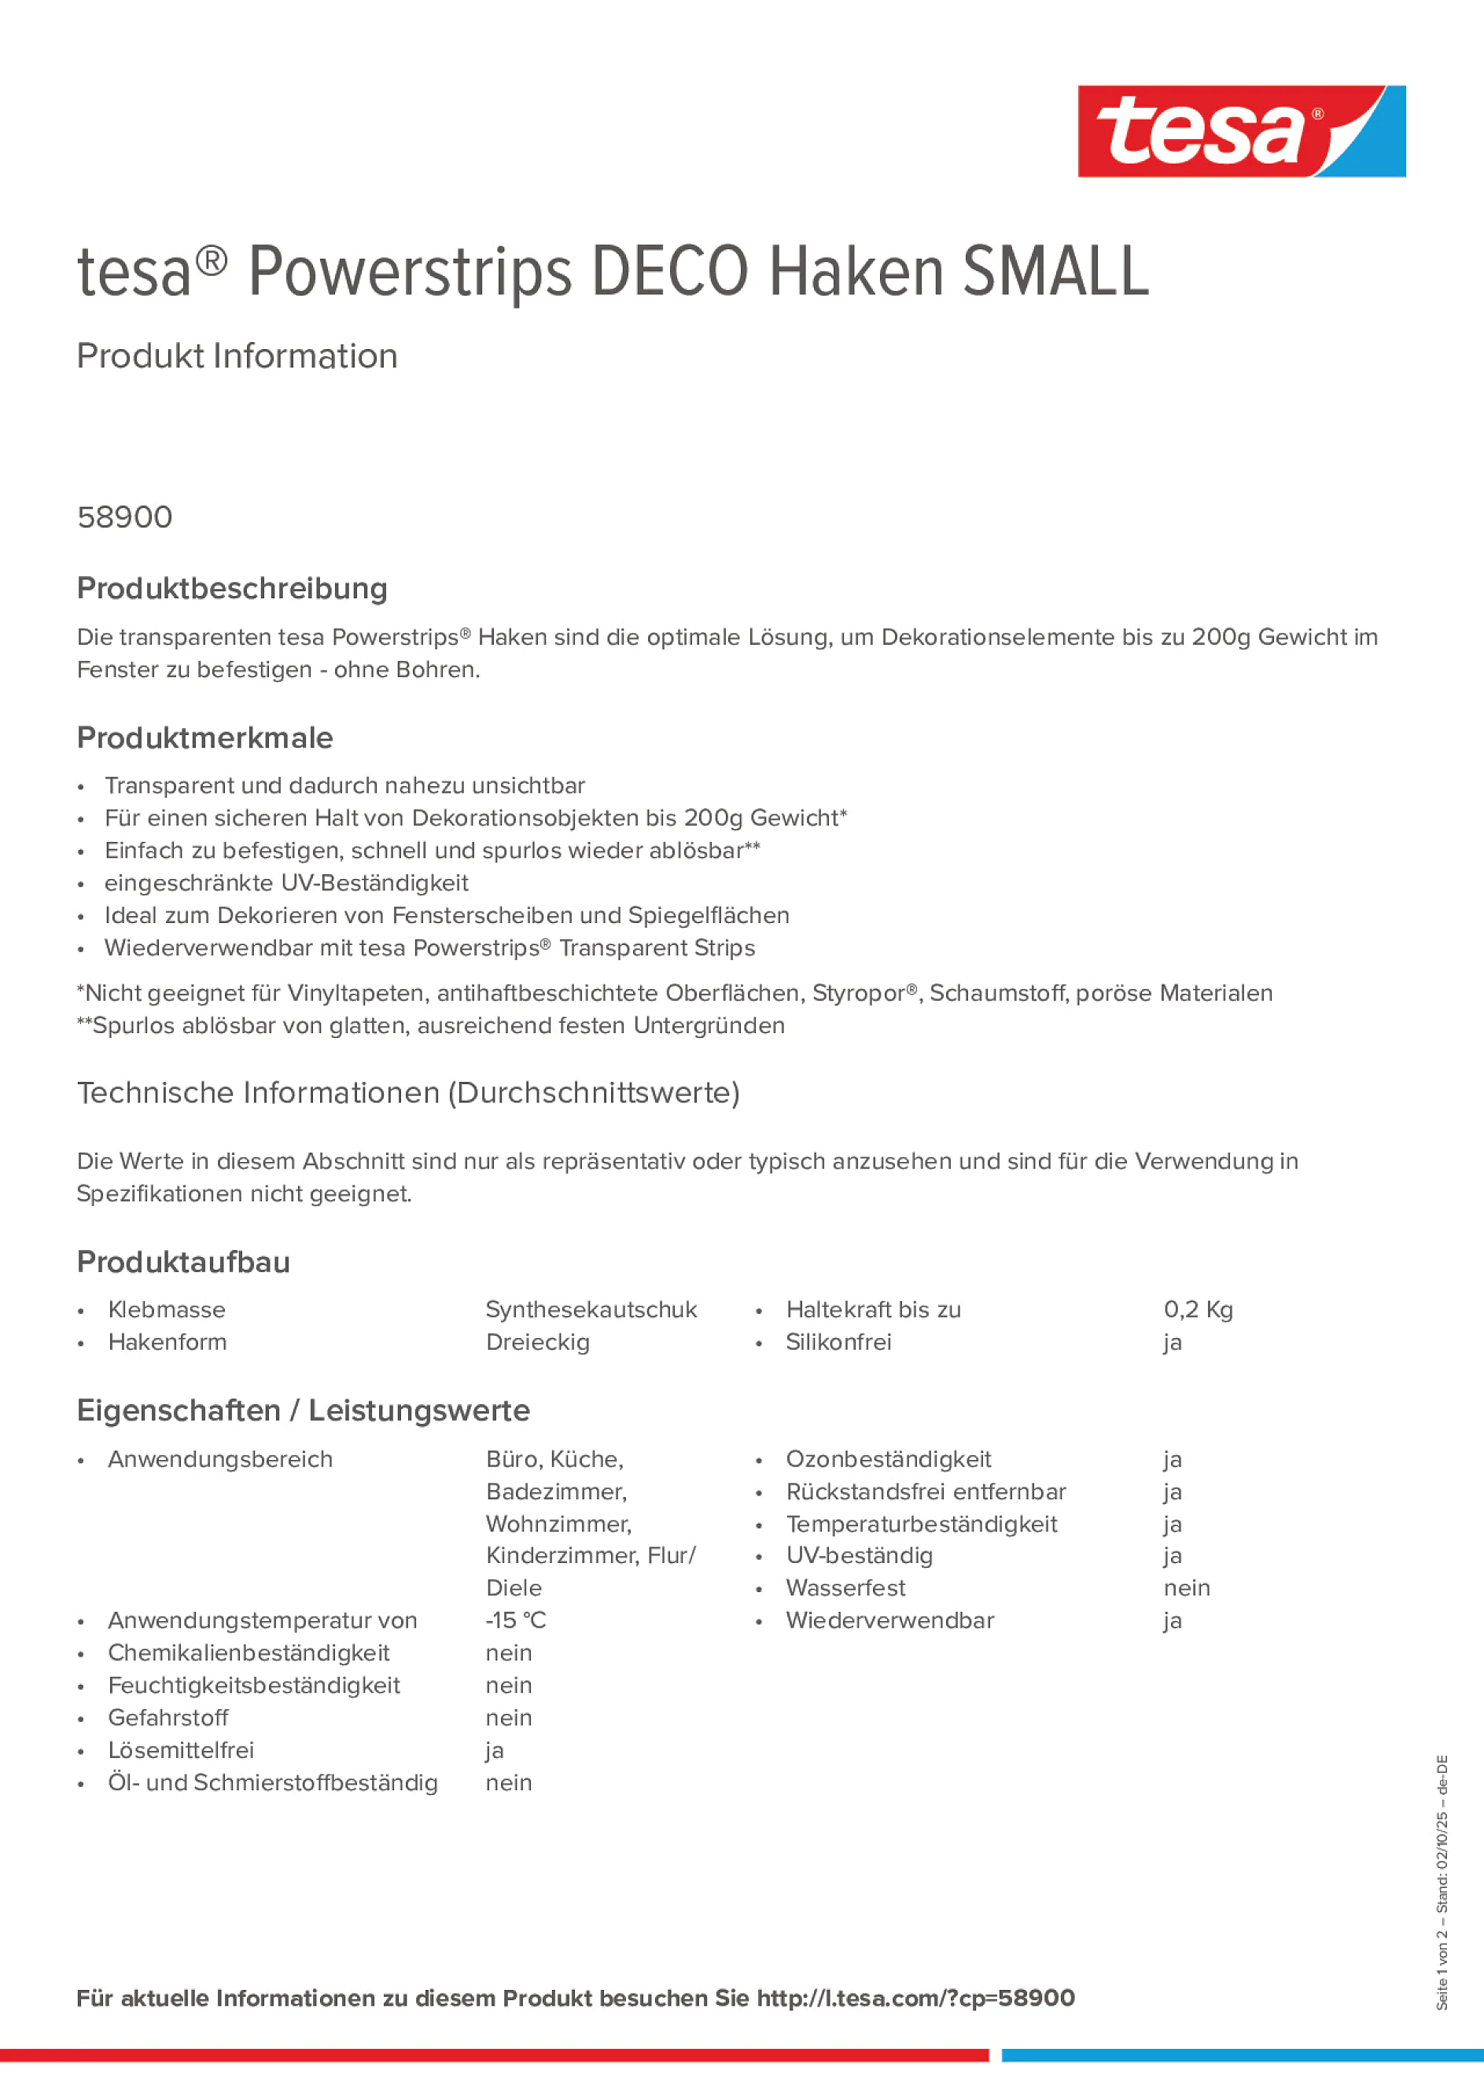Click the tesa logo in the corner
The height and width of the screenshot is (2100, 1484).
tap(1241, 131)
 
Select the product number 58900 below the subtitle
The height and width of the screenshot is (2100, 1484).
tap(124, 517)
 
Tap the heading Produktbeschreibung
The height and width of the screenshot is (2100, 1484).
tap(231, 588)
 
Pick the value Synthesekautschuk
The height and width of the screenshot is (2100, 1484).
tap(591, 1310)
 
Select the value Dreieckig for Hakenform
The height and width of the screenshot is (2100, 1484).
tap(538, 1342)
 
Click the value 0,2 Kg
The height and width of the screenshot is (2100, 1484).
tap(1198, 1310)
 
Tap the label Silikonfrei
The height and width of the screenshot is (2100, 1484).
tap(838, 1342)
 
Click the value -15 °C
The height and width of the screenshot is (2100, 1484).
tap(515, 1620)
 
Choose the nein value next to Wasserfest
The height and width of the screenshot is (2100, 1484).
tap(1187, 1588)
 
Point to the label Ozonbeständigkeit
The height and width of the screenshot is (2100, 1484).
tap(887, 1459)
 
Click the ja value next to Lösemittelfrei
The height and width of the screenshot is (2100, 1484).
tap(494, 1749)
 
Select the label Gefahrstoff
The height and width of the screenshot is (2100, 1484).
tap(168, 1718)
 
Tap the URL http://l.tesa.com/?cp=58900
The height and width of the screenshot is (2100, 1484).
tap(915, 1998)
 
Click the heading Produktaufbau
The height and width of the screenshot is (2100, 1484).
tap(183, 1261)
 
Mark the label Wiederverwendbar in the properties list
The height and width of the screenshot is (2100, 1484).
tap(889, 1620)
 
